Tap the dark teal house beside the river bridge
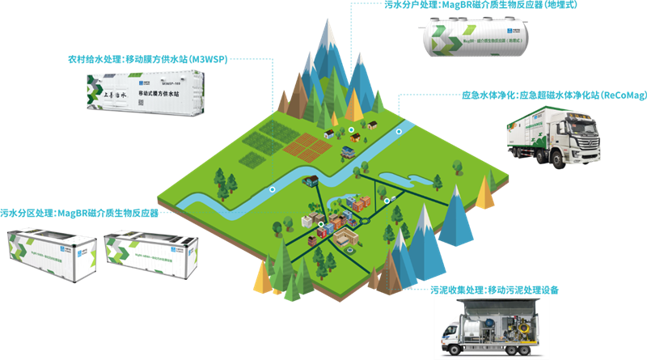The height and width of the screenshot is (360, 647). tap(346, 150)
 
